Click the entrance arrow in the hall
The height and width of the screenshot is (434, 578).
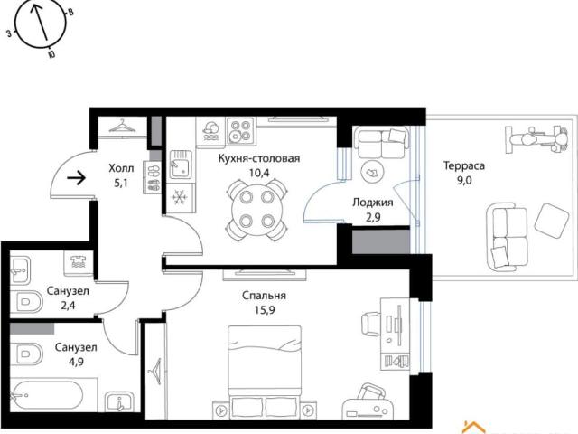pyautogui.click(x=76, y=179)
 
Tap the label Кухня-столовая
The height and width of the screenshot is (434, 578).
pyautogui.click(x=259, y=159)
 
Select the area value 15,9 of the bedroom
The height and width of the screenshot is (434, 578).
pyautogui.click(x=265, y=310)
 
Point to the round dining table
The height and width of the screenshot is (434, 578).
pyautogui.click(x=256, y=209)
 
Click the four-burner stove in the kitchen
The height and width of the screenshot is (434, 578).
pyautogui.click(x=241, y=131)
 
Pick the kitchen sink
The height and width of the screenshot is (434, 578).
pyautogui.click(x=181, y=165)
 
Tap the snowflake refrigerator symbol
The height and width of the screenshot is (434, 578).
pyautogui.click(x=180, y=197)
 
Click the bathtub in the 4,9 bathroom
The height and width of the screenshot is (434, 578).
pyautogui.click(x=47, y=395)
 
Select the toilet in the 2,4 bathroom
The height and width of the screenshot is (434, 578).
pyautogui.click(x=26, y=301)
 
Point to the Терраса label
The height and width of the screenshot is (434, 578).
pyautogui.click(x=463, y=165)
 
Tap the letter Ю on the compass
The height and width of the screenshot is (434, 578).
pyautogui.click(x=51, y=54)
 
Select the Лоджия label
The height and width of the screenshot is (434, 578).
pyautogui.click(x=373, y=203)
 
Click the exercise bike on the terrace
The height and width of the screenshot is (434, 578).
pyautogui.click(x=537, y=139)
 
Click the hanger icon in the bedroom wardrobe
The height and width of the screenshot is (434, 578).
pyautogui.click(x=154, y=372)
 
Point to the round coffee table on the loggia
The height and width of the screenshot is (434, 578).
pyautogui.click(x=373, y=172)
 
